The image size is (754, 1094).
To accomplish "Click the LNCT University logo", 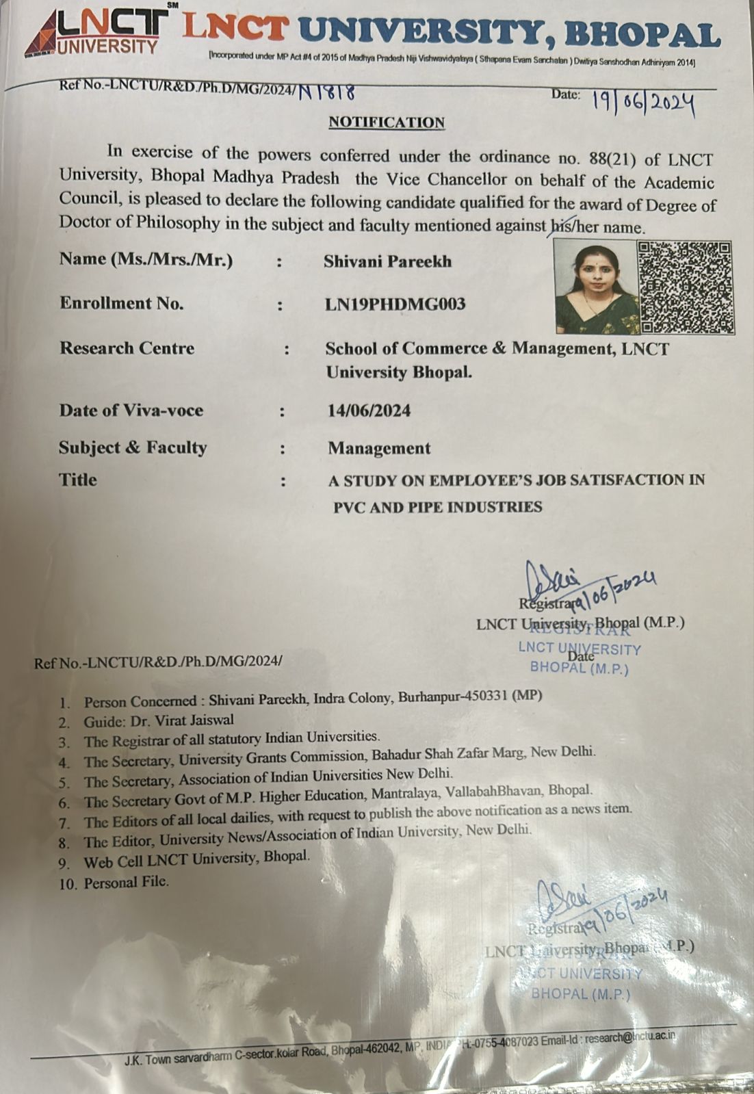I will pyautogui.click(x=96, y=31).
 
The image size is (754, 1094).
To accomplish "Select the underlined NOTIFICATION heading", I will pyautogui.click(x=387, y=122).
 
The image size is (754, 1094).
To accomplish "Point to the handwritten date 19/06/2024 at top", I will pyautogui.click(x=643, y=103).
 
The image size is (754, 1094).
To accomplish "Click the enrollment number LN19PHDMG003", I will pyautogui.click(x=395, y=304).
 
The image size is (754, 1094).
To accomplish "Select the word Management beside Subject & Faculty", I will pyautogui.click(x=379, y=448).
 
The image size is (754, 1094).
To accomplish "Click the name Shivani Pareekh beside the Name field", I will pyautogui.click(x=387, y=261).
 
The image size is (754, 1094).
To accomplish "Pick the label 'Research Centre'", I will pyautogui.click(x=127, y=348).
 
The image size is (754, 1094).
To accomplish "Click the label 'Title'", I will pyautogui.click(x=78, y=479).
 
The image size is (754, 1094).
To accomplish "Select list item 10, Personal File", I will pyautogui.click(x=126, y=883).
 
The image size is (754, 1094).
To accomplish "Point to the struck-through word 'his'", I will pyautogui.click(x=560, y=226).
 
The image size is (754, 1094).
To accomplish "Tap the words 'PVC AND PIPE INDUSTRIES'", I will pyautogui.click(x=438, y=508).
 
